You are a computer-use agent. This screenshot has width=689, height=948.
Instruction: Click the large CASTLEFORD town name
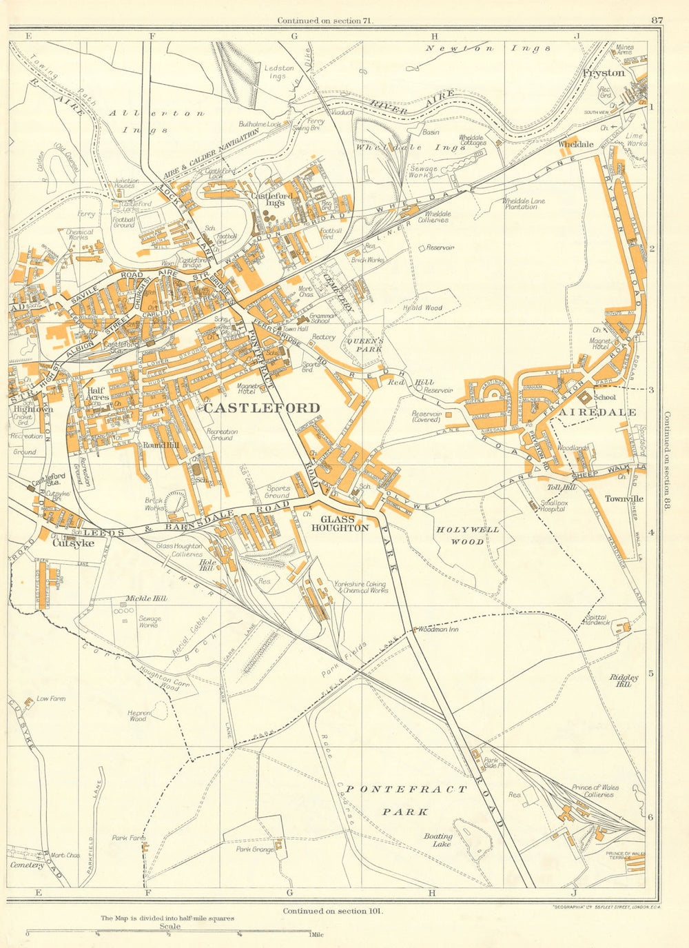262,407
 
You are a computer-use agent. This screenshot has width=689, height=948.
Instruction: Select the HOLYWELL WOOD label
468,536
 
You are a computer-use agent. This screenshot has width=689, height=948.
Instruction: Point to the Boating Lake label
438,840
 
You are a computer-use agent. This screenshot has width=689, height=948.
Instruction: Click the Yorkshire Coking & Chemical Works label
360,586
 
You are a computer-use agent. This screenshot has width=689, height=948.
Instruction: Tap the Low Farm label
51,698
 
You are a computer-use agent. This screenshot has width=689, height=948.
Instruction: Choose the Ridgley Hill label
624,680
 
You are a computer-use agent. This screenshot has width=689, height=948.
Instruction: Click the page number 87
656,21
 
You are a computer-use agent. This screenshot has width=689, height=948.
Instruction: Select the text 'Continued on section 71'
325,21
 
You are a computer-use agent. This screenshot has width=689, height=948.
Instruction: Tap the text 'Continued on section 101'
332,911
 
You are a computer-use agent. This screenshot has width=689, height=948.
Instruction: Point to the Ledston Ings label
278,72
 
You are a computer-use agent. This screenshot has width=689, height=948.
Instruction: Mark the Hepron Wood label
138,716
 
